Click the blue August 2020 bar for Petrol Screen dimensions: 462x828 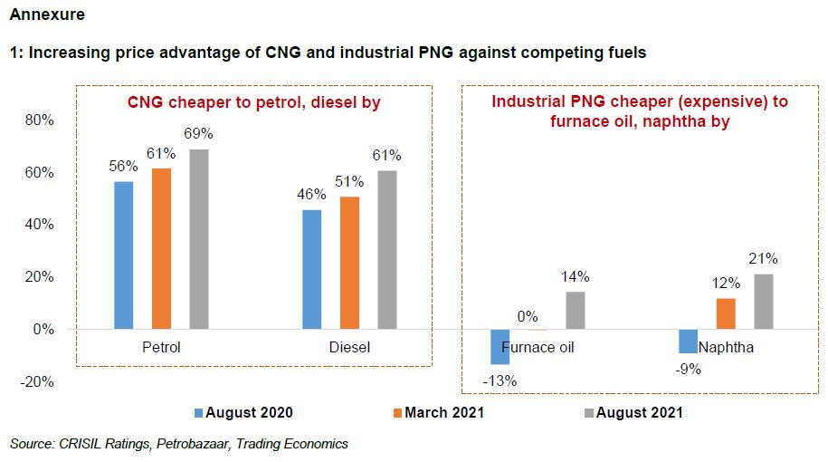(123, 255)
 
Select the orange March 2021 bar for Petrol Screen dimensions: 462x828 (161, 249)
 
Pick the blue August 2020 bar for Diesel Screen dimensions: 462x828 (310, 269)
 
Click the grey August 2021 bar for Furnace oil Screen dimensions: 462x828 (576, 311)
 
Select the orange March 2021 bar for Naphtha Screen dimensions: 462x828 (726, 313)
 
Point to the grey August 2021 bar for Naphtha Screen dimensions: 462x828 (764, 302)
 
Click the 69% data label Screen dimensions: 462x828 (198, 134)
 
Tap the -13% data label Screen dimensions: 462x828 (500, 381)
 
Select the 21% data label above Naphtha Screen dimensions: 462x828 (764, 259)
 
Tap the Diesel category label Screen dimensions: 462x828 (348, 347)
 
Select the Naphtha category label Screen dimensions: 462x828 (726, 347)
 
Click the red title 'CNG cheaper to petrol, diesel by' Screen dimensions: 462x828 (253, 103)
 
